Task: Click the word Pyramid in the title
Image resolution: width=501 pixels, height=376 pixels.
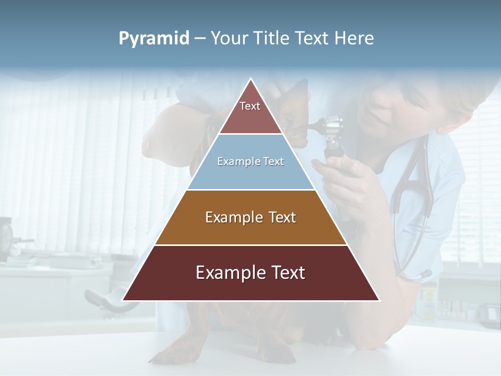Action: (x=154, y=39)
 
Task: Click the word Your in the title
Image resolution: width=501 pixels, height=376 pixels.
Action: (x=228, y=39)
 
